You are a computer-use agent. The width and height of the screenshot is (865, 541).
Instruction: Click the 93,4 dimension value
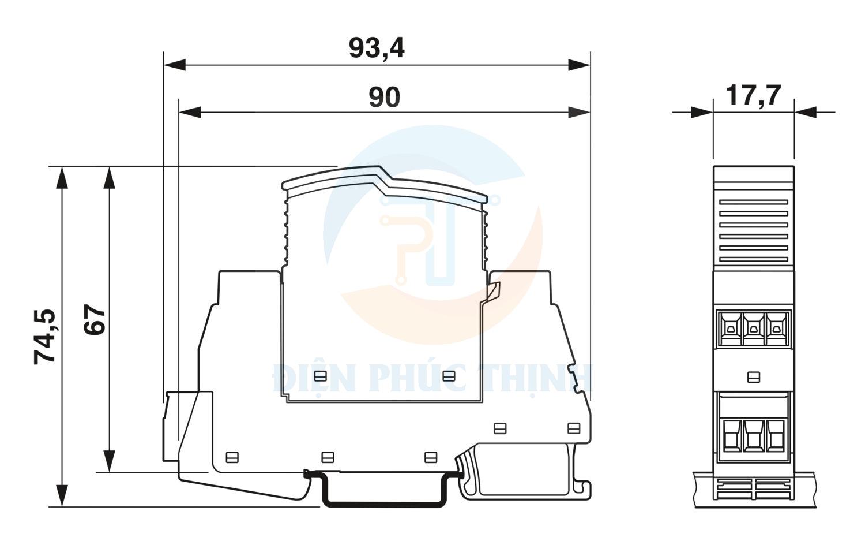point(377,48)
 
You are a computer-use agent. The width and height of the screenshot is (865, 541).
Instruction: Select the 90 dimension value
point(384,97)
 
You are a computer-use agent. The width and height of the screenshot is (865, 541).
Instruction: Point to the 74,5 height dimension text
point(45,337)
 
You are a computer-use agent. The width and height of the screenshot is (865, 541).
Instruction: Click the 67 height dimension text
point(95,319)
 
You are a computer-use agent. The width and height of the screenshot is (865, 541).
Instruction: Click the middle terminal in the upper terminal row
point(753,329)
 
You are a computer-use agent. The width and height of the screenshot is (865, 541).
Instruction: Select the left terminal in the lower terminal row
point(730,435)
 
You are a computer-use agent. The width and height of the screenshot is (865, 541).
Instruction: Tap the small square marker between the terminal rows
point(753,377)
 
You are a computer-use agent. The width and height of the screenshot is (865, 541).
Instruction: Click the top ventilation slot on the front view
point(753,203)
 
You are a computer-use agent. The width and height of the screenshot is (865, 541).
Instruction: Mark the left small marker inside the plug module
point(320,376)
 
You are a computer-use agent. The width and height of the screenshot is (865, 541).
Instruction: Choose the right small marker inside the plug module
point(448,376)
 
